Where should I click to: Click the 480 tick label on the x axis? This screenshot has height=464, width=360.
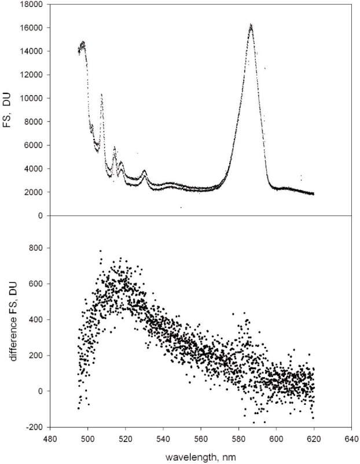[x=50, y=439]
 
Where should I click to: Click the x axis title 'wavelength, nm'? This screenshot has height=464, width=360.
[x=201, y=456]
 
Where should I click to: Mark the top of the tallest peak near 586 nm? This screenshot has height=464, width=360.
[x=251, y=25]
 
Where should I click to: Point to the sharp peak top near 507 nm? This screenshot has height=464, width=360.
[x=102, y=94]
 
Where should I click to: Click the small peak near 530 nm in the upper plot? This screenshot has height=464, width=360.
[x=144, y=171]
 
